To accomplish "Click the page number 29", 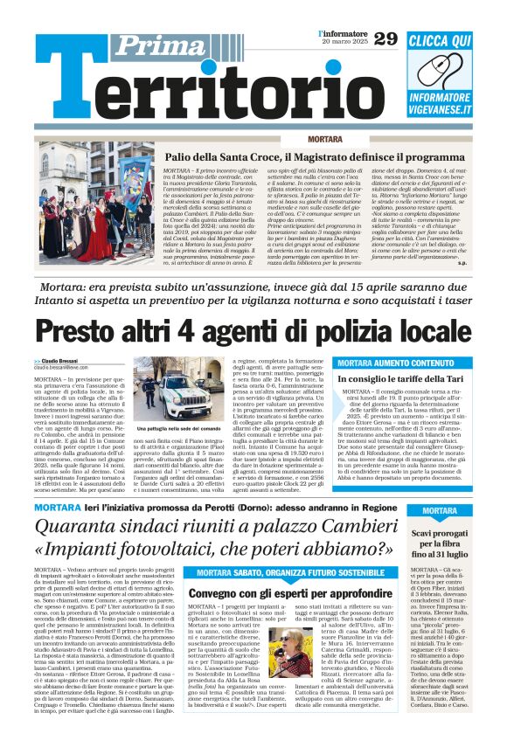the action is pyautogui.click(x=385, y=38).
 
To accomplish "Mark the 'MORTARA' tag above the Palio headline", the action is pyautogui.click(x=325, y=140).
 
